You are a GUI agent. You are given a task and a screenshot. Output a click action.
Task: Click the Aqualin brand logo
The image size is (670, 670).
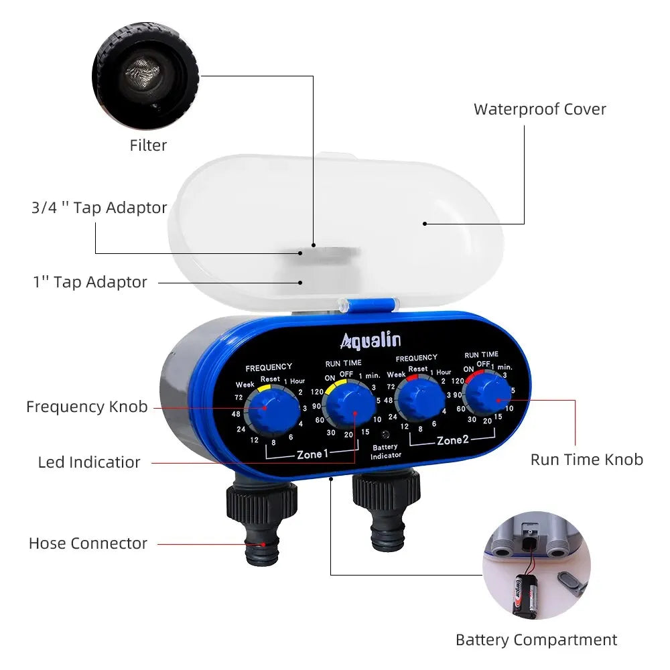(371, 340)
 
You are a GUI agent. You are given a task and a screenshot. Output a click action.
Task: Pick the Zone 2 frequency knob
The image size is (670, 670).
(421, 401)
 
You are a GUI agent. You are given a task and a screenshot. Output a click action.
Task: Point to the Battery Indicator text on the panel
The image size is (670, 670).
(385, 451)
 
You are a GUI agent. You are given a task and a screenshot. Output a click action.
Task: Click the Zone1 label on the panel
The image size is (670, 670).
(312, 454)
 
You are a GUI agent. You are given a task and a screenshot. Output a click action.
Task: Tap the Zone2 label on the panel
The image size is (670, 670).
(454, 440)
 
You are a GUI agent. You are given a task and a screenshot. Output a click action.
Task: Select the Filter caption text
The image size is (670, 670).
(148, 145)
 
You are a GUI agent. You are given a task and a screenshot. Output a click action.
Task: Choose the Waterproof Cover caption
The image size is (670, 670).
(539, 109)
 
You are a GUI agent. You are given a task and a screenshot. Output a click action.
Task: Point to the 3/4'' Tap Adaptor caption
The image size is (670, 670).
(99, 208)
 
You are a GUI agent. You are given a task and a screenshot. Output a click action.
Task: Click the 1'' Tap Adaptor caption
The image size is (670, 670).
(90, 282)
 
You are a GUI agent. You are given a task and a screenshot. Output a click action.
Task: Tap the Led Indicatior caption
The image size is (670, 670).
(89, 462)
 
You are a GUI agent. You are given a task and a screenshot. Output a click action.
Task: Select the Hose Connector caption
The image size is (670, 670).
(88, 543)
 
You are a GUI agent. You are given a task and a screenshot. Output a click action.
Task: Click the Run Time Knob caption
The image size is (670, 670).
(586, 459)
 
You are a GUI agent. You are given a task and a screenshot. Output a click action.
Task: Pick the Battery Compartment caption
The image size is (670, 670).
(536, 640)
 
